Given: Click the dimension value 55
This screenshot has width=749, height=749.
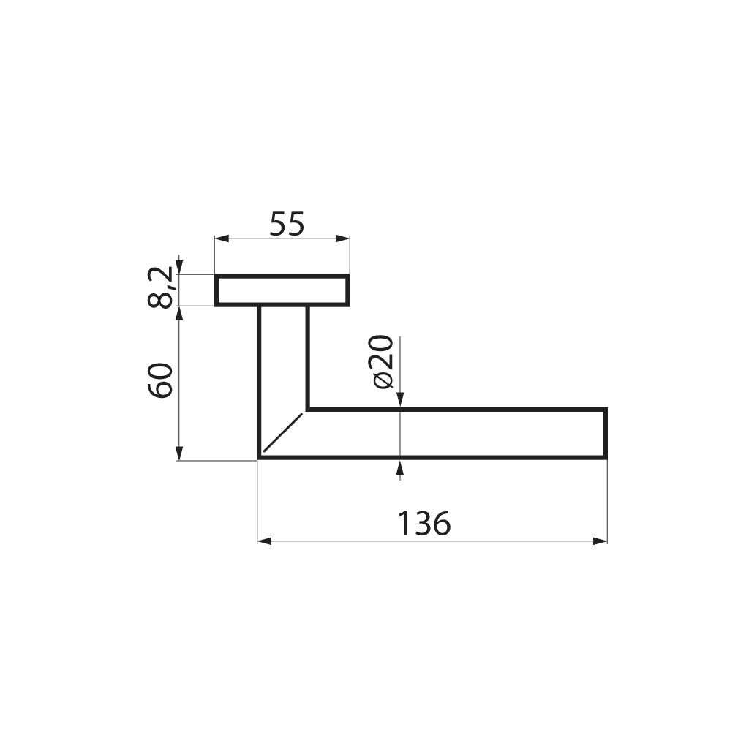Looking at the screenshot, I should click(286, 224).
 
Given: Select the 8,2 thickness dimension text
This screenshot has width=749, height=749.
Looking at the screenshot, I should click(162, 288).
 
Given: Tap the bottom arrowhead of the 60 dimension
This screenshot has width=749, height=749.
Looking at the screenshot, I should click(179, 454).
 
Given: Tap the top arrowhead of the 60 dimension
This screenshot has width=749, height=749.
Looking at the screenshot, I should click(179, 312).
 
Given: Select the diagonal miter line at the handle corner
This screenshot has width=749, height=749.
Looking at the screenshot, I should click(283, 432).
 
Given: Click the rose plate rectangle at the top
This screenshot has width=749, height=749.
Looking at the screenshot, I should click(282, 290).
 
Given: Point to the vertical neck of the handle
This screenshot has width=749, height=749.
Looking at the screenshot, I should click(283, 358).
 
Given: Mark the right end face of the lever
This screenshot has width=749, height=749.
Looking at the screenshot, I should click(606, 433).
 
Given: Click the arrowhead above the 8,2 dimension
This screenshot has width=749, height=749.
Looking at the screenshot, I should click(179, 268).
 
